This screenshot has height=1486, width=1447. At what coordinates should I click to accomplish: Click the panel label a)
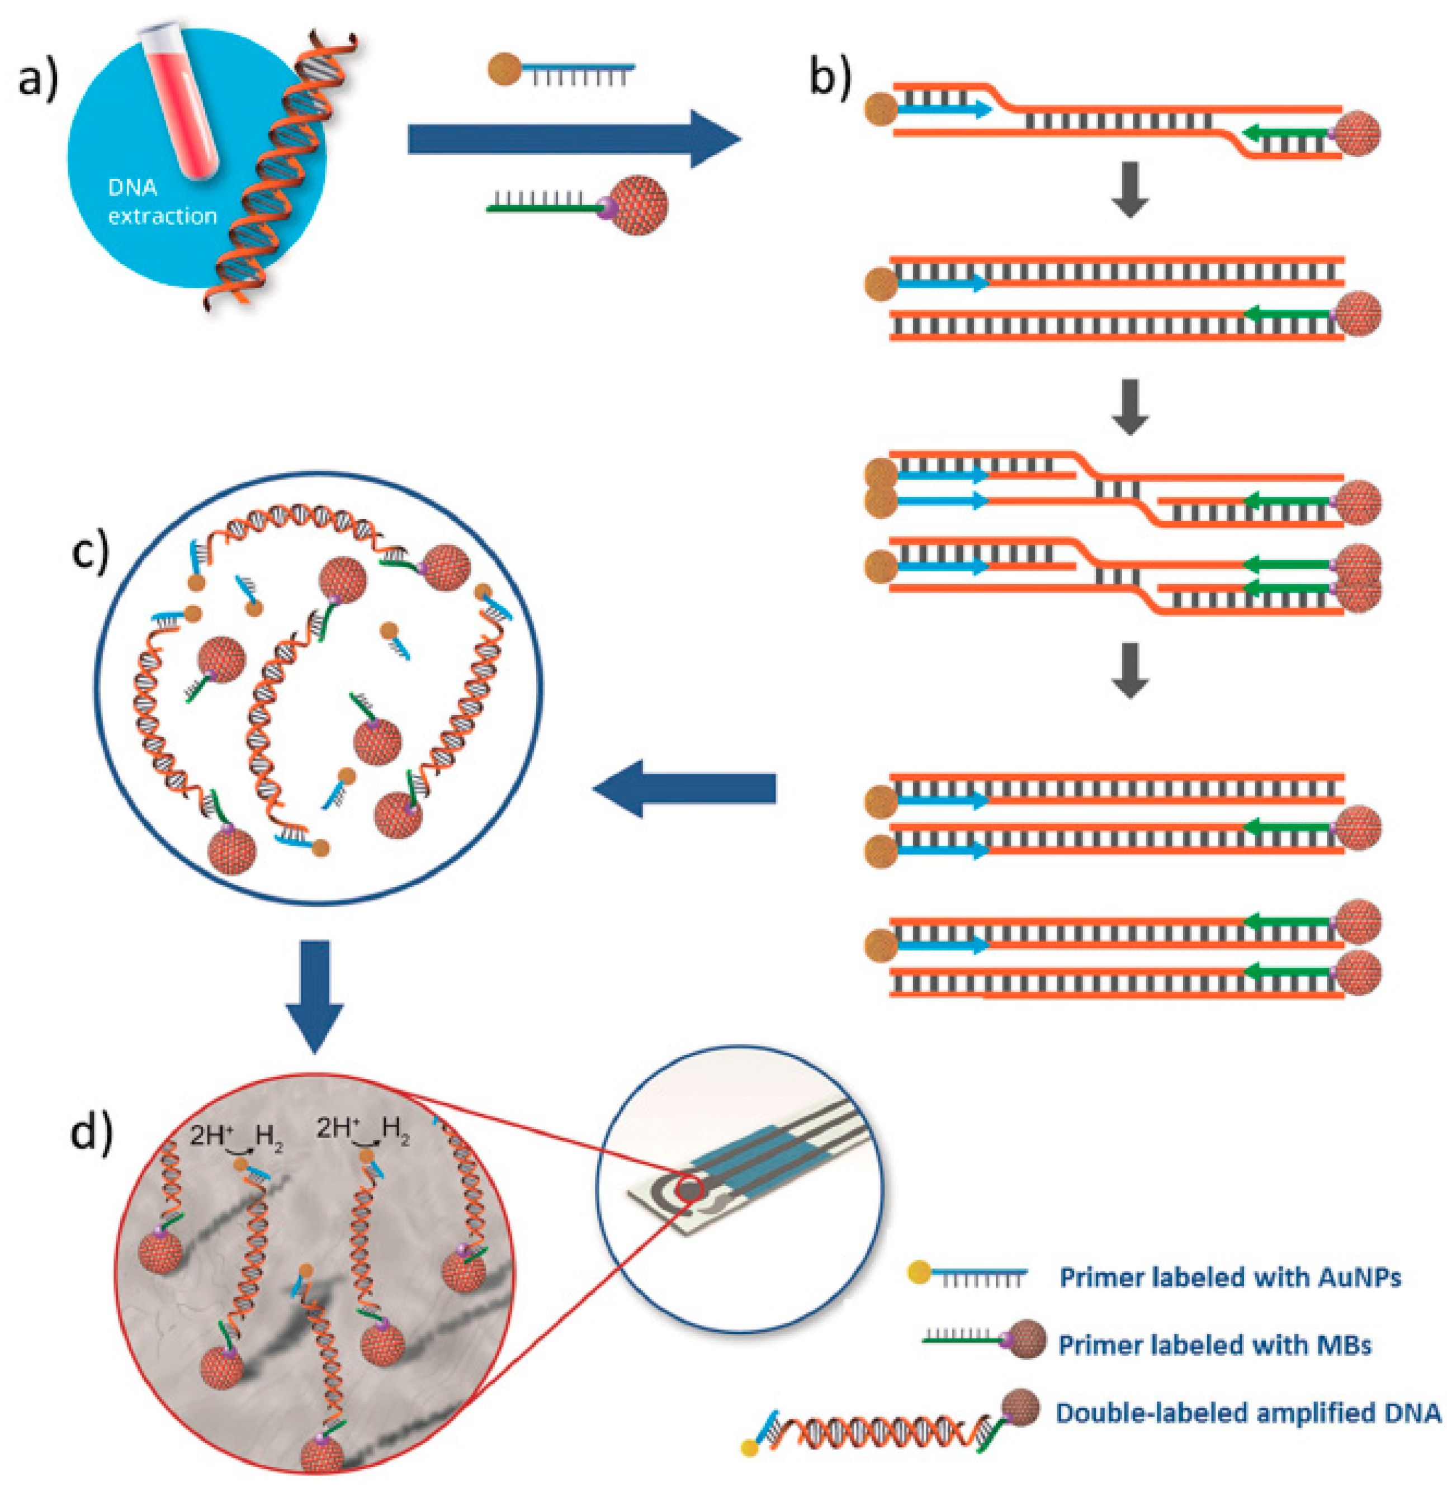[x=38, y=78]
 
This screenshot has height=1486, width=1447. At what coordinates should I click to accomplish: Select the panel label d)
[x=91, y=1134]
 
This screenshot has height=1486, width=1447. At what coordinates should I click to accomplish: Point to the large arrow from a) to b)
[x=574, y=139]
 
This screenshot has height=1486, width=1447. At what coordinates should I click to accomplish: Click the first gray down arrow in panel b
[x=1130, y=189]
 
